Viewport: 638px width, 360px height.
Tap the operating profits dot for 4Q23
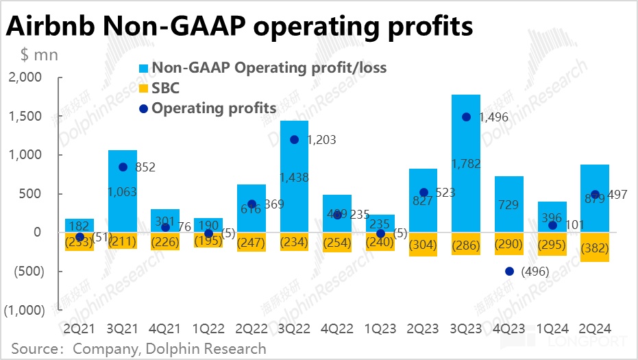[509, 271]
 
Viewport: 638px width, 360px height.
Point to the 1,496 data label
[495, 117]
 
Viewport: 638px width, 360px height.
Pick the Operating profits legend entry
[213, 108]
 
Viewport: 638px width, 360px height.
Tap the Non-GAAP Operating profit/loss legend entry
[269, 68]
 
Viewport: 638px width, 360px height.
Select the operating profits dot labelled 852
[123, 167]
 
